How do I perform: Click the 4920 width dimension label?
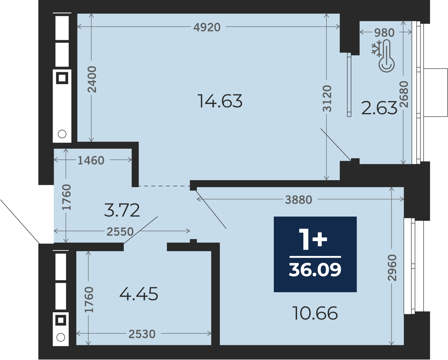207,27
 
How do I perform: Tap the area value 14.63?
220,101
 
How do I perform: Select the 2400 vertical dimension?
92,79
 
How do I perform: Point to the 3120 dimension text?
327,98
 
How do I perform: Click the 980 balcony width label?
384,33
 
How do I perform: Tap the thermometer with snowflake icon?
383,56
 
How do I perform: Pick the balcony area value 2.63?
379,108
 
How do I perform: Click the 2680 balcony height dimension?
404,94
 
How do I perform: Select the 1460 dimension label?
91,161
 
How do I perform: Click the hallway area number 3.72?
122,210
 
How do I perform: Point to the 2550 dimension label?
120,232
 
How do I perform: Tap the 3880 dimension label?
299,200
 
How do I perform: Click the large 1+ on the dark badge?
313,239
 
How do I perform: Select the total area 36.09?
315,270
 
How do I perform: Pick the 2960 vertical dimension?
392,268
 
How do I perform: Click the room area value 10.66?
315,313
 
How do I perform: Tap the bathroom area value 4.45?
139,294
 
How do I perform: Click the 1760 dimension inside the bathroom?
89,300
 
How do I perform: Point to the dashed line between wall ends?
164,186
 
